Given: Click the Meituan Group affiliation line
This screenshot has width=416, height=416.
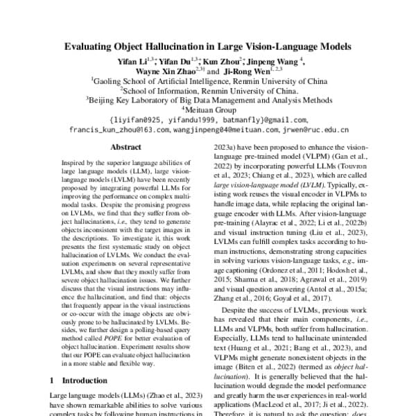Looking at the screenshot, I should (x=208, y=110).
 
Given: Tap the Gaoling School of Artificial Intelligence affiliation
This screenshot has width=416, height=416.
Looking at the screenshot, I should (x=207, y=80).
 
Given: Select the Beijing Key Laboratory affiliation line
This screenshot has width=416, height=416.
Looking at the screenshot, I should (x=207, y=100).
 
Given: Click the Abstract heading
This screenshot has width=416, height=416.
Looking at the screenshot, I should (x=125, y=148).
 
